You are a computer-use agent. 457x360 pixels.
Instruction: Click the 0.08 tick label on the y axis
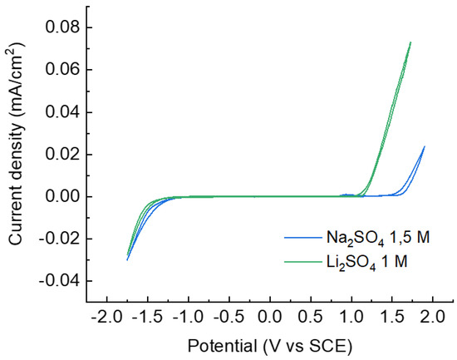coord(63,27)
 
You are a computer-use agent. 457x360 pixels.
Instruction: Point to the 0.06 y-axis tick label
coord(63,70)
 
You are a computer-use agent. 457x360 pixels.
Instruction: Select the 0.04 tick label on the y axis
coord(63,112)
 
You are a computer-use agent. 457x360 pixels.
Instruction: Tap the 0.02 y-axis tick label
coord(63,155)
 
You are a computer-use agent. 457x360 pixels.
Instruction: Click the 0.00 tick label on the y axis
coord(63,197)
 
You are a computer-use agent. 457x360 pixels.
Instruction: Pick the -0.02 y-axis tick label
coord(61,239)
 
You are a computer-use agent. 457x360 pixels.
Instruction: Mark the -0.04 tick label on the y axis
coord(61,282)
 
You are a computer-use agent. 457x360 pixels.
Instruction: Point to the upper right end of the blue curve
coord(425,146)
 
